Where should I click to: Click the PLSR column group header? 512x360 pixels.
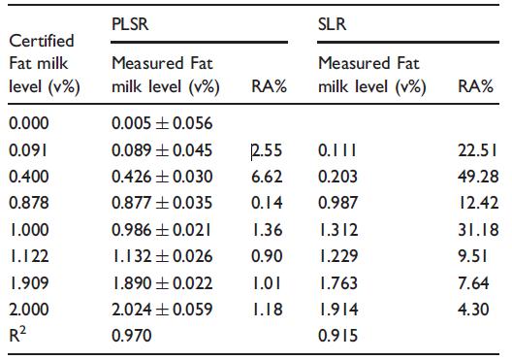click(130, 24)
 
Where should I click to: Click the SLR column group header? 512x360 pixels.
click(332, 24)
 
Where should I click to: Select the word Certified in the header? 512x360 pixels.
click(42, 41)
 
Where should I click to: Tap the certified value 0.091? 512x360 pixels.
click(28, 150)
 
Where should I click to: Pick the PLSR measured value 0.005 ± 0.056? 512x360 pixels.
click(162, 123)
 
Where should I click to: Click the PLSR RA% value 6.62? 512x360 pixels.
click(267, 177)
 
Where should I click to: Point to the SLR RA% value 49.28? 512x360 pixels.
click(478, 177)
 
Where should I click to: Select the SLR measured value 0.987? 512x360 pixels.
click(338, 203)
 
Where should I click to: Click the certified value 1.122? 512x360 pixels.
click(29, 256)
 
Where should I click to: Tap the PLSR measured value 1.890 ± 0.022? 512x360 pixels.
click(162, 283)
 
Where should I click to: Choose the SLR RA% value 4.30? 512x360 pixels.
click(473, 310)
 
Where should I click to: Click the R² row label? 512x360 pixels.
click(17, 335)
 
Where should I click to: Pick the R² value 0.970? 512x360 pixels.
click(132, 336)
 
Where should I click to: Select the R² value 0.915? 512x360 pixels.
click(338, 336)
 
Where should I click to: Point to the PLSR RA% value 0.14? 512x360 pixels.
click(267, 203)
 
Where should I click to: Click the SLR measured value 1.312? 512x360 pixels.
click(338, 230)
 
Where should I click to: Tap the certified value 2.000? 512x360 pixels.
click(29, 310)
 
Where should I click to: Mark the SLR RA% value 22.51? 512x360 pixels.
click(478, 150)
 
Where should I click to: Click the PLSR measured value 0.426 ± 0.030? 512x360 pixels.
click(162, 177)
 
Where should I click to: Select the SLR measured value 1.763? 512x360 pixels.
click(338, 283)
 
